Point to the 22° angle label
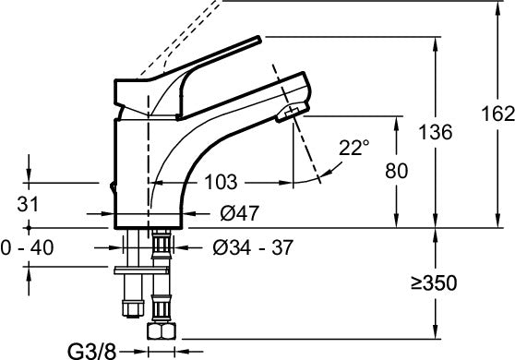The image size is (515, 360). tap(353, 147)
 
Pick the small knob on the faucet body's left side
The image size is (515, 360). tap(112, 188)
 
